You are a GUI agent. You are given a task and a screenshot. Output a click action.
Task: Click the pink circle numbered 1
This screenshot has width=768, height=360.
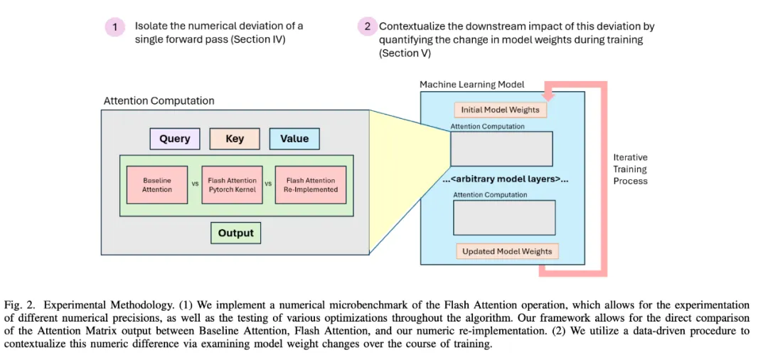point(114,28)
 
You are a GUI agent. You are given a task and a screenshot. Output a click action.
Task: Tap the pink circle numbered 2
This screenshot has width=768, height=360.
point(367,27)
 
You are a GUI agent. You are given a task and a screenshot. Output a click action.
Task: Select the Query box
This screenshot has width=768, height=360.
point(174,139)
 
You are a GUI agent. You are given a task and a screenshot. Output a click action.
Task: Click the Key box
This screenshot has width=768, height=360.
point(235,139)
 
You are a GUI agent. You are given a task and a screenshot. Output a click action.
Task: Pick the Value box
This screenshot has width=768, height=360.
point(294,139)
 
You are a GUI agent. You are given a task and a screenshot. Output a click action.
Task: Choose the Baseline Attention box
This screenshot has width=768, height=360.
point(157,185)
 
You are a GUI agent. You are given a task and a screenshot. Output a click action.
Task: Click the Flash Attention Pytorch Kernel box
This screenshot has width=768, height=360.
point(232,185)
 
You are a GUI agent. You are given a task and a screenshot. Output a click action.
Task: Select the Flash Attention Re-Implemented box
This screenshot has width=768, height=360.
point(310,185)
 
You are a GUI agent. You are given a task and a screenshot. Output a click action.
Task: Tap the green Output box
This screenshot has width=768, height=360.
point(235,233)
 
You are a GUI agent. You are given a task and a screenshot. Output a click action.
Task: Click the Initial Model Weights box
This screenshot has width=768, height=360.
point(501,110)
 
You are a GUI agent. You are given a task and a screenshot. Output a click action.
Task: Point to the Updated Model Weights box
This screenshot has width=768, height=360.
point(506,251)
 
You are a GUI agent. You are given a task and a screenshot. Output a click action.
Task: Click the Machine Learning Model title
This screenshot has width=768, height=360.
point(471,85)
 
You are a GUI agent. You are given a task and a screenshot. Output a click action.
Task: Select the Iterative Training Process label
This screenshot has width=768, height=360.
point(630,169)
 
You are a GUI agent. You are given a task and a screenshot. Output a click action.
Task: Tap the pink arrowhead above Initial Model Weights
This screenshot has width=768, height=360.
point(546,95)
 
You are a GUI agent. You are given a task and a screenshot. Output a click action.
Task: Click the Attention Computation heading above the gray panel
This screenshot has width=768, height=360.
point(159,101)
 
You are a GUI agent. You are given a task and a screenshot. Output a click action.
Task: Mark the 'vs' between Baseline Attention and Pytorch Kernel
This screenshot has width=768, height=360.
point(195,184)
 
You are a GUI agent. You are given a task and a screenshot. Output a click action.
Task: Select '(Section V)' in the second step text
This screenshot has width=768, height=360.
point(405,53)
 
